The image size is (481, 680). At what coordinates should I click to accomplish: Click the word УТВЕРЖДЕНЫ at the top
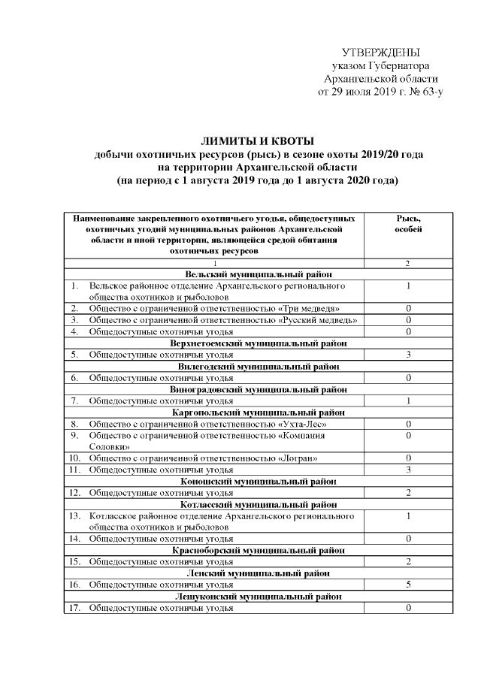[380, 53]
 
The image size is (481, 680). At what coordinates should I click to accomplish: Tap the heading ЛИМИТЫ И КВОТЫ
[256, 141]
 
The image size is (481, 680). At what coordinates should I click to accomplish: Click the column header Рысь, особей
[408, 223]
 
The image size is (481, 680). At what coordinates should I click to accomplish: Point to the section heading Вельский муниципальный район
[256, 275]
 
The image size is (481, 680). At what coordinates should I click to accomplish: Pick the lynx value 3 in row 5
[408, 354]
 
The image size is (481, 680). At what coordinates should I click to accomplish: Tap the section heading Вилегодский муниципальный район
[256, 366]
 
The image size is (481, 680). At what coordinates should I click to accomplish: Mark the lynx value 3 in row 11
[408, 469]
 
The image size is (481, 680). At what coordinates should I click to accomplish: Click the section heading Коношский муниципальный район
[256, 481]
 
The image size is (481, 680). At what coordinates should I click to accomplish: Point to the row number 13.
[75, 516]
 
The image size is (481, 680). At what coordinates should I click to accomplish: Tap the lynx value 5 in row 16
[408, 584]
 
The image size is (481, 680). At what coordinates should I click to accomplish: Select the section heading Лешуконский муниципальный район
[256, 596]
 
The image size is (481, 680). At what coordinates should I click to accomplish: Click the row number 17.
[75, 607]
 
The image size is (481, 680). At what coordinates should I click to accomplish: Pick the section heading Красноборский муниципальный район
[256, 550]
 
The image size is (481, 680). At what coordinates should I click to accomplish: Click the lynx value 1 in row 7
[408, 400]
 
